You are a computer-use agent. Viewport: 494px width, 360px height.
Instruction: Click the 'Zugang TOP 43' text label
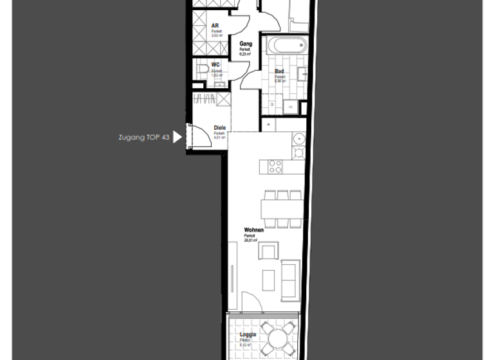click(x=144, y=137)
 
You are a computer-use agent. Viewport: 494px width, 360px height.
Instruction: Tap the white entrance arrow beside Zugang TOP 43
click(x=178, y=137)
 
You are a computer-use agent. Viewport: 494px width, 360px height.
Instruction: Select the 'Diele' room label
click(x=220, y=128)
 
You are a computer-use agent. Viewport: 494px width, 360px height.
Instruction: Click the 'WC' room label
click(x=216, y=65)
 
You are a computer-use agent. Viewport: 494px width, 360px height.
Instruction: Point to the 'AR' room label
click(x=215, y=26)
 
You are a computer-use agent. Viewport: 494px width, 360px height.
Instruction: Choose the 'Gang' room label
click(x=245, y=44)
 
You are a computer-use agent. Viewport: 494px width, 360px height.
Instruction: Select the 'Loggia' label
click(x=248, y=334)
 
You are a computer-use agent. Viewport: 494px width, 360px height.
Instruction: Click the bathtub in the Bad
click(x=288, y=46)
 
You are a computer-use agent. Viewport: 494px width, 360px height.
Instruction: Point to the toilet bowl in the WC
click(x=201, y=67)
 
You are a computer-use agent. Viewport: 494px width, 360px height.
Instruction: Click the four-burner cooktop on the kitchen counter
click(x=275, y=166)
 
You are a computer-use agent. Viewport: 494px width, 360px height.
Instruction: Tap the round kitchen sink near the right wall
click(x=299, y=139)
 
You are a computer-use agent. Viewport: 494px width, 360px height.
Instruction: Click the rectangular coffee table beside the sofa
click(x=268, y=280)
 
